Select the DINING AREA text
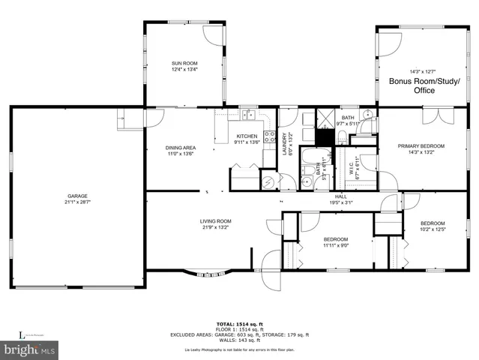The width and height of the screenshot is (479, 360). pyautogui.click(x=181, y=147)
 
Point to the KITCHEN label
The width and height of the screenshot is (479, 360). pyautogui.click(x=247, y=136)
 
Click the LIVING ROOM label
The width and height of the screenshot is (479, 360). pyautogui.click(x=215, y=220)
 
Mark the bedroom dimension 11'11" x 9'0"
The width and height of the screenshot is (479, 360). pyautogui.click(x=335, y=244)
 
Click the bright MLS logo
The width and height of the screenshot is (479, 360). pyautogui.click(x=30, y=349)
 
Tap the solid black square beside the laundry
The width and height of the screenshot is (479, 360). pyautogui.click(x=323, y=138)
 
